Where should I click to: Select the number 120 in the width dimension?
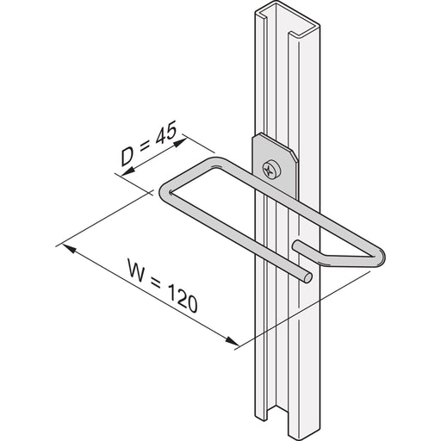(x=183, y=298)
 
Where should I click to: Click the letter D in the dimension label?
(x=127, y=158)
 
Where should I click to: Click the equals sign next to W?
(x=156, y=283)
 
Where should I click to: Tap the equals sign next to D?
(x=144, y=147)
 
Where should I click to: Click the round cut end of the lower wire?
(x=307, y=278)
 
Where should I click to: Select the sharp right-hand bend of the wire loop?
(x=381, y=257)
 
